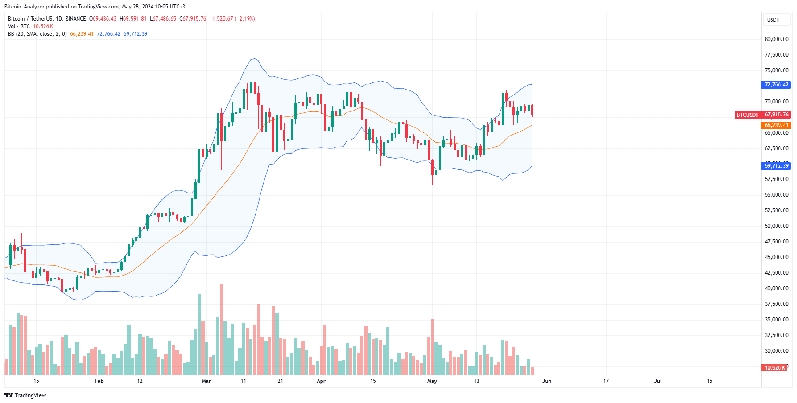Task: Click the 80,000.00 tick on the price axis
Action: coord(776,39)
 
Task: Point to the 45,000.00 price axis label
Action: coord(776,257)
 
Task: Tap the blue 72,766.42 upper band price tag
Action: coord(776,85)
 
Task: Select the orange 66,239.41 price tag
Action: coord(776,126)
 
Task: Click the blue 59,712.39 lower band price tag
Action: coord(776,166)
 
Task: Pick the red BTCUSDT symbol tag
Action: coord(747,115)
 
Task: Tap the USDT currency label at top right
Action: coord(773,20)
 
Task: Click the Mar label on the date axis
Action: coord(206,381)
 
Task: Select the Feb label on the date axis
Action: coord(99,381)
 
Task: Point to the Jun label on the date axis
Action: coord(546,381)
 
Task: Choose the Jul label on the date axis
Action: coord(657,381)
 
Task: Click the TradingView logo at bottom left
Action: coord(25,395)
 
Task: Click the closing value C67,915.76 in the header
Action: coord(193,19)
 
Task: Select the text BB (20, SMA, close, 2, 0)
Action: coord(37,34)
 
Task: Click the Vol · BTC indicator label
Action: coord(19,26)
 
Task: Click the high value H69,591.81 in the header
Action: coord(133,19)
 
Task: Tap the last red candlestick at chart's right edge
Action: coord(532,110)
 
